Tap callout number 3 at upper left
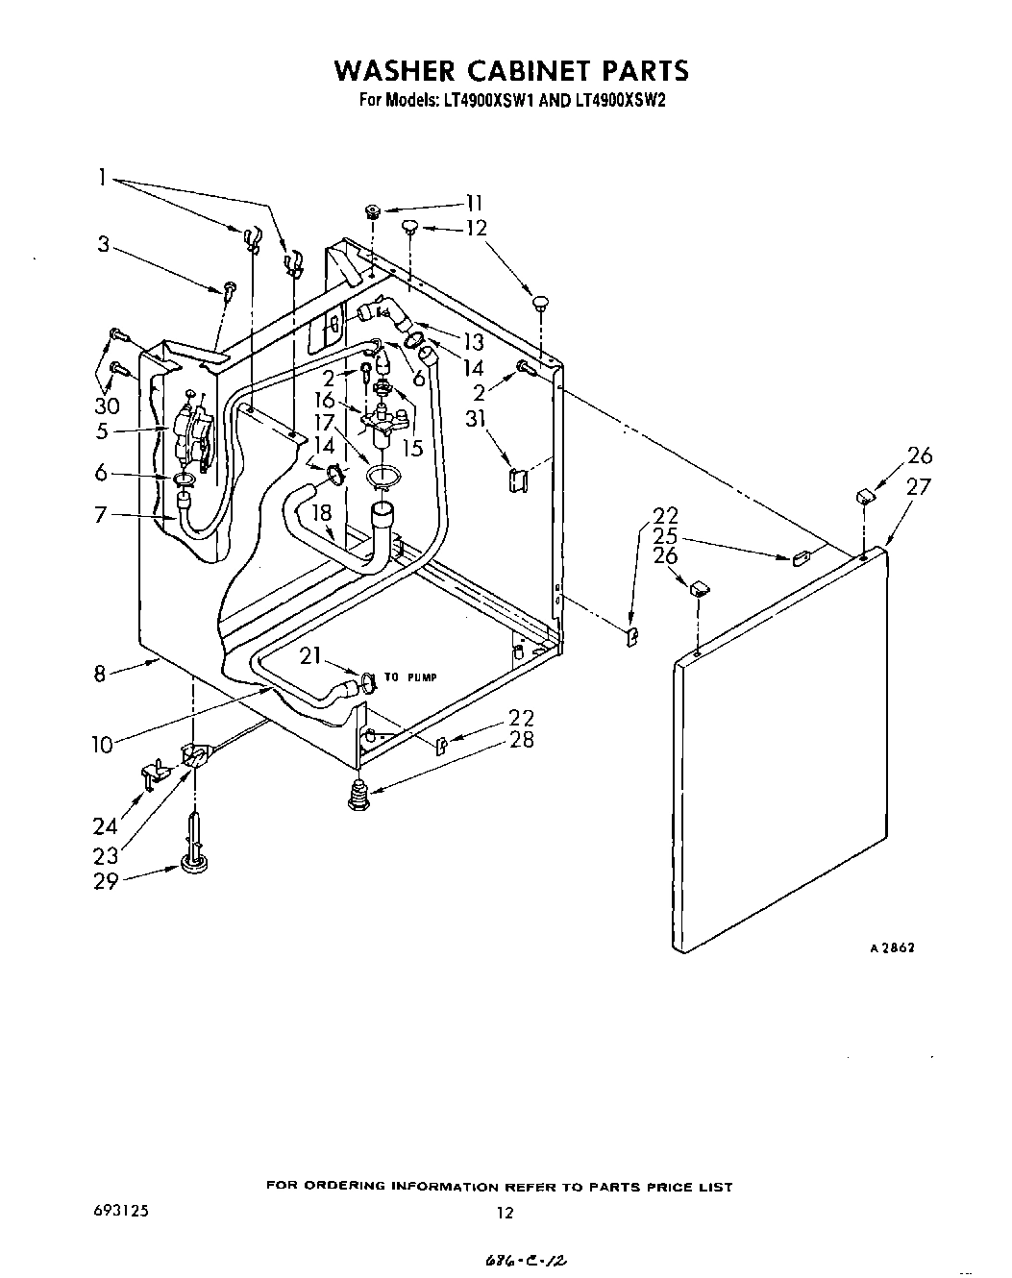[103, 244]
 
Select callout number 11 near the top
[474, 202]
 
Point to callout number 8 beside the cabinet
[100, 674]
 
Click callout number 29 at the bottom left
[105, 880]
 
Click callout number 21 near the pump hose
[309, 656]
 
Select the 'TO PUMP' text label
[410, 677]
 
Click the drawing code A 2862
[891, 946]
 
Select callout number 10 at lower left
[103, 743]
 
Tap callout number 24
[105, 825]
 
